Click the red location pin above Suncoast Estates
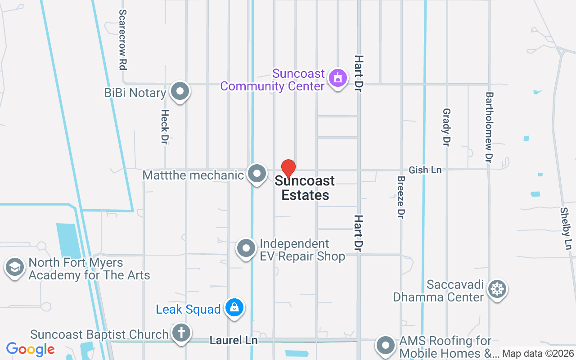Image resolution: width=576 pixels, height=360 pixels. pos(288,169)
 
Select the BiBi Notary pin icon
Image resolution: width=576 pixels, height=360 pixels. pos(180,91)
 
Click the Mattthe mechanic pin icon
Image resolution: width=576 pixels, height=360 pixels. pos(257,174)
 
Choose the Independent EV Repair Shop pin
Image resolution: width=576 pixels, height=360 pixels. pos(246,248)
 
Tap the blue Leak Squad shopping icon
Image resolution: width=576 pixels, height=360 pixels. pos(234,308)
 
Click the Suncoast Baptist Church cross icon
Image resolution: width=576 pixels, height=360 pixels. pos(181,333)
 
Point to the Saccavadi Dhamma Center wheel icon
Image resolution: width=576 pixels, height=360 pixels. pos(497,288)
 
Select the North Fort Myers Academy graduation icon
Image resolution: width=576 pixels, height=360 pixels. pos(14,267)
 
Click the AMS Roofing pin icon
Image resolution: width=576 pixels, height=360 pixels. pos(386,346)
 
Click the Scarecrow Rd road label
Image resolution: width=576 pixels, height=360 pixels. pos(122,40)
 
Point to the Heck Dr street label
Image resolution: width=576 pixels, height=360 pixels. pos(165,127)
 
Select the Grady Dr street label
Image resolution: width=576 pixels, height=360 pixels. pos(446,127)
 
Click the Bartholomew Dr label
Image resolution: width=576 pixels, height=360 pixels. pos(489,127)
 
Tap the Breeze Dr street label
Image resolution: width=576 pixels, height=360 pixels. pos(401,197)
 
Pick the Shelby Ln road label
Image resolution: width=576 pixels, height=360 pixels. pos(566,229)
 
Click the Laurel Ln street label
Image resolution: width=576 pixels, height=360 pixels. pos(234,341)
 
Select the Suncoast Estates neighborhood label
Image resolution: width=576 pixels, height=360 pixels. pos(305,188)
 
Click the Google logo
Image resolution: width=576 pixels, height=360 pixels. pos(31,349)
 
